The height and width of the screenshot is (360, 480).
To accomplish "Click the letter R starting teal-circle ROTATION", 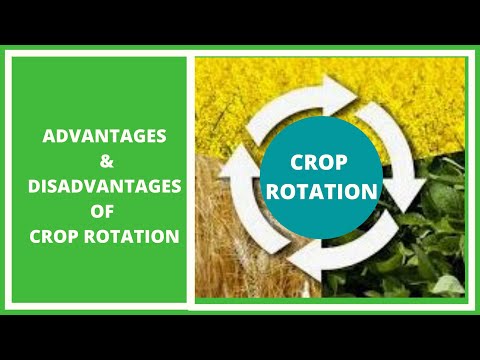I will pyautogui.click(x=281, y=190).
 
